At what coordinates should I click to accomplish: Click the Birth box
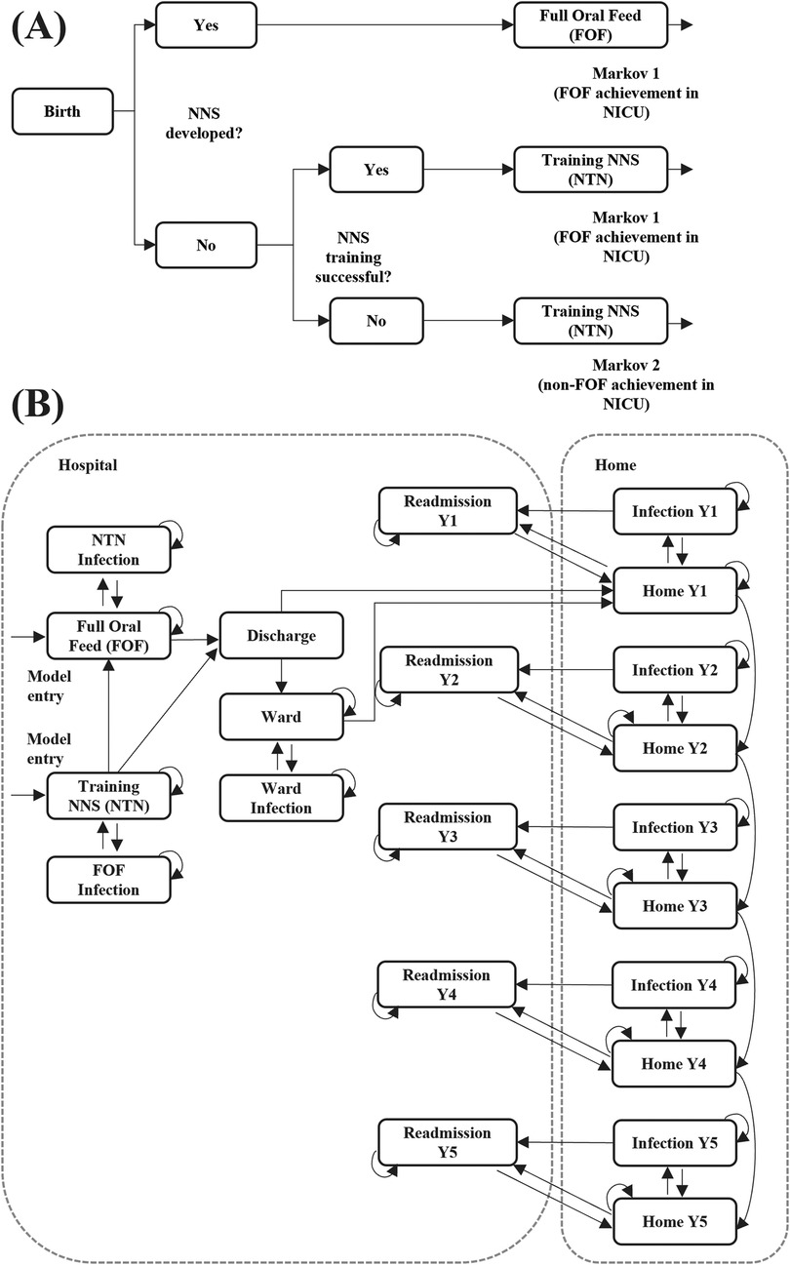pyautogui.click(x=60, y=111)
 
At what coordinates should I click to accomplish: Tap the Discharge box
pyautogui.click(x=281, y=635)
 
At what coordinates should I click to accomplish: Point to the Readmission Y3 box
pyautogui.click(x=447, y=827)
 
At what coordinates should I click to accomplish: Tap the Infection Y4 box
pyautogui.click(x=675, y=985)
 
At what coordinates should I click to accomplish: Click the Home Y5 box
pyautogui.click(x=675, y=1221)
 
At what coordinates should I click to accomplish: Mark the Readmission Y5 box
pyautogui.click(x=447, y=1143)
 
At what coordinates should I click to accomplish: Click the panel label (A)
pyautogui.click(x=38, y=28)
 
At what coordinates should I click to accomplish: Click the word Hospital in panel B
pyautogui.click(x=87, y=465)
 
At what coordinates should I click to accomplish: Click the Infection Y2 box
pyautogui.click(x=675, y=670)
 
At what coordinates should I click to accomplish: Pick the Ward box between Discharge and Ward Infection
pyautogui.click(x=281, y=716)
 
